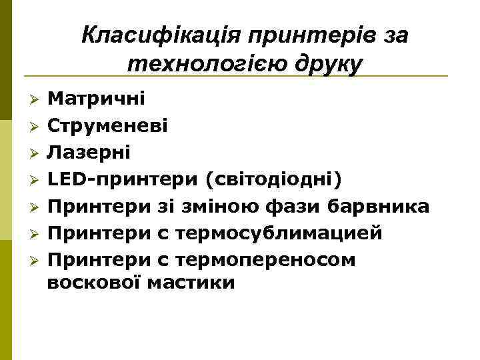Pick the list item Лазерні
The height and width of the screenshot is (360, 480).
tap(89, 153)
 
